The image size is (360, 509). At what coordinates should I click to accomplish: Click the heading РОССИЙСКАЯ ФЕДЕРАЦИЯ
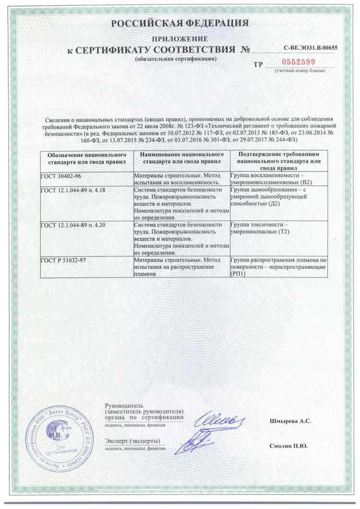pos(180,24)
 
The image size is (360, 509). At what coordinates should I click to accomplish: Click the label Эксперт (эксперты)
pos(132,441)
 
